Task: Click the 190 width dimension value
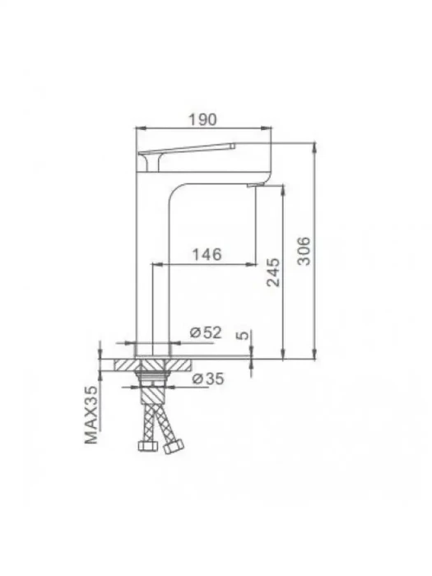(x=202, y=120)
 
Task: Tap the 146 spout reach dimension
(x=207, y=254)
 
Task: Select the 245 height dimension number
(x=273, y=272)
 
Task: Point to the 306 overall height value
(x=304, y=251)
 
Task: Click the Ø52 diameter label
(x=206, y=332)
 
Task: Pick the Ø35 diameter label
(x=208, y=379)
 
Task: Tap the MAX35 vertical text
(x=91, y=415)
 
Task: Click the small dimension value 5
(x=244, y=335)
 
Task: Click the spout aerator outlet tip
(x=256, y=185)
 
